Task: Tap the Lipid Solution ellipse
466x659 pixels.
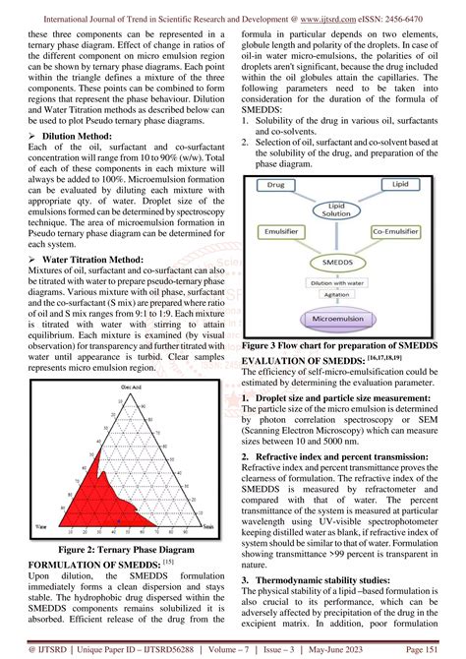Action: pyautogui.click(x=329, y=237)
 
